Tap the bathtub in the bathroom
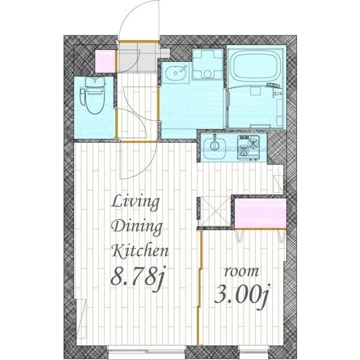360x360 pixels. tap(255, 65)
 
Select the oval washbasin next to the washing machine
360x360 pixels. tap(176, 73)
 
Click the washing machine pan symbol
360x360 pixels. tap(208, 65)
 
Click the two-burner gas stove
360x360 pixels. tap(248, 148)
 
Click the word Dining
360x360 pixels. tap(136, 227)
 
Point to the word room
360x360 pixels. tap(241, 272)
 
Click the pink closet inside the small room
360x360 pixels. tap(260, 214)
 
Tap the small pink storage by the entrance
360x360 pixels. tap(105, 61)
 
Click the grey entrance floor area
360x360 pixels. tap(138, 57)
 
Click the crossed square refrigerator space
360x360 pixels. tap(215, 211)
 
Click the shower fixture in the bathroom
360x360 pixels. tap(275, 89)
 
